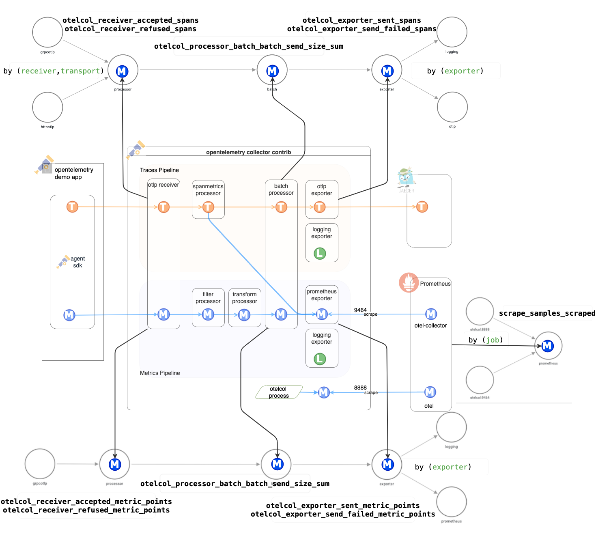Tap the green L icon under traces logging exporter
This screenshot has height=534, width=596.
[320, 254]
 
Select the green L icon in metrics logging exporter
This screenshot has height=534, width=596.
[320, 359]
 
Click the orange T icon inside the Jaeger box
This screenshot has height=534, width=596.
[422, 207]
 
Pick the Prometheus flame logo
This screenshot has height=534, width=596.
[409, 282]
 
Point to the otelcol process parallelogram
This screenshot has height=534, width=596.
[279, 392]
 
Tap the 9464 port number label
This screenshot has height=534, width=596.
[360, 310]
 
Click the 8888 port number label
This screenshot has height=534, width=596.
[360, 388]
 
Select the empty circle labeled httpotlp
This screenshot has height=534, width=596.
[47, 107]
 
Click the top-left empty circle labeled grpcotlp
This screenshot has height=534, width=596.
[47, 32]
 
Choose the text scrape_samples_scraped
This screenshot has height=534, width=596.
[547, 313]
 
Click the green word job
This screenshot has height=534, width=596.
[493, 340]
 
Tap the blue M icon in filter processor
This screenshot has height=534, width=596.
[208, 314]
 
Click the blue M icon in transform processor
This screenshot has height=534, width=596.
[244, 314]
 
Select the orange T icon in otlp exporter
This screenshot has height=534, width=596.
[320, 207]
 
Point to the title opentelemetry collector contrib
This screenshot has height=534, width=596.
[248, 152]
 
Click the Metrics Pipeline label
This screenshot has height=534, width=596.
[160, 373]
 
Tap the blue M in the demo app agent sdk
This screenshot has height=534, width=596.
[69, 315]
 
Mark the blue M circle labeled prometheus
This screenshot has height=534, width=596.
[548, 346]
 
